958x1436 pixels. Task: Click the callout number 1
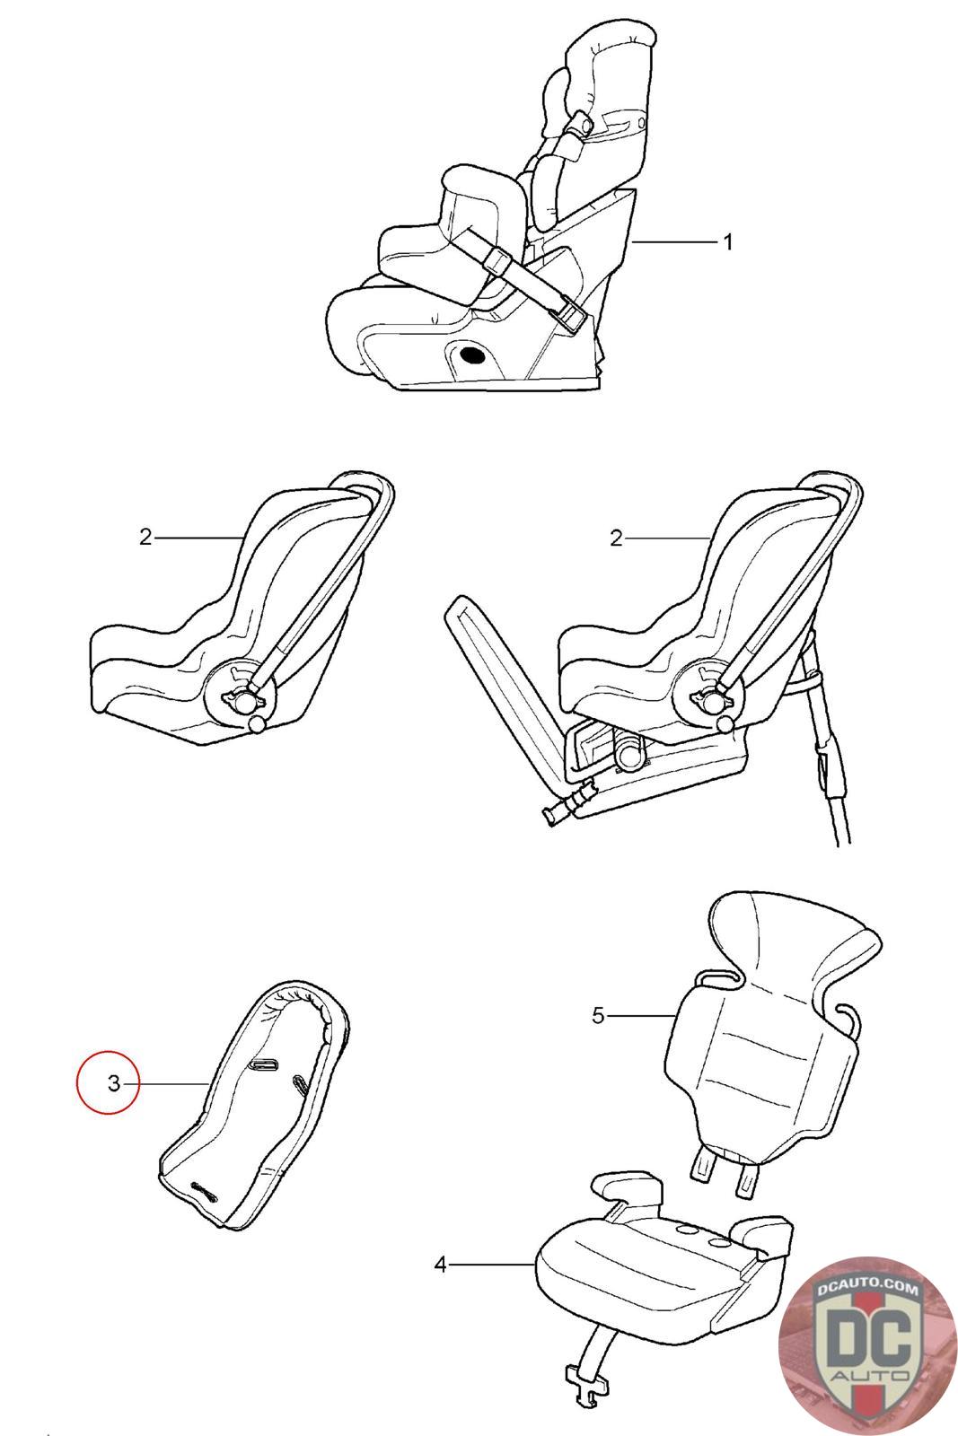point(727,241)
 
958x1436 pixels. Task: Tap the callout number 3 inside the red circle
point(113,1083)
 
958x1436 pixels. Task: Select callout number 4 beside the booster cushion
point(440,1265)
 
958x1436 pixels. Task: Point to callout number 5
point(598,1015)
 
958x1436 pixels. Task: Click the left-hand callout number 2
point(145,537)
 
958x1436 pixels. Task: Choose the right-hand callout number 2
point(616,538)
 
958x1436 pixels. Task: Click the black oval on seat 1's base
point(473,354)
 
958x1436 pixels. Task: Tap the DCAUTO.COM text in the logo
point(866,1288)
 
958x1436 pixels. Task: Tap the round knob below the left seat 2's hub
point(257,724)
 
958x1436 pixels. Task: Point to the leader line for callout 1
point(674,241)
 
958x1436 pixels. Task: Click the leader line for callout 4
point(492,1265)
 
